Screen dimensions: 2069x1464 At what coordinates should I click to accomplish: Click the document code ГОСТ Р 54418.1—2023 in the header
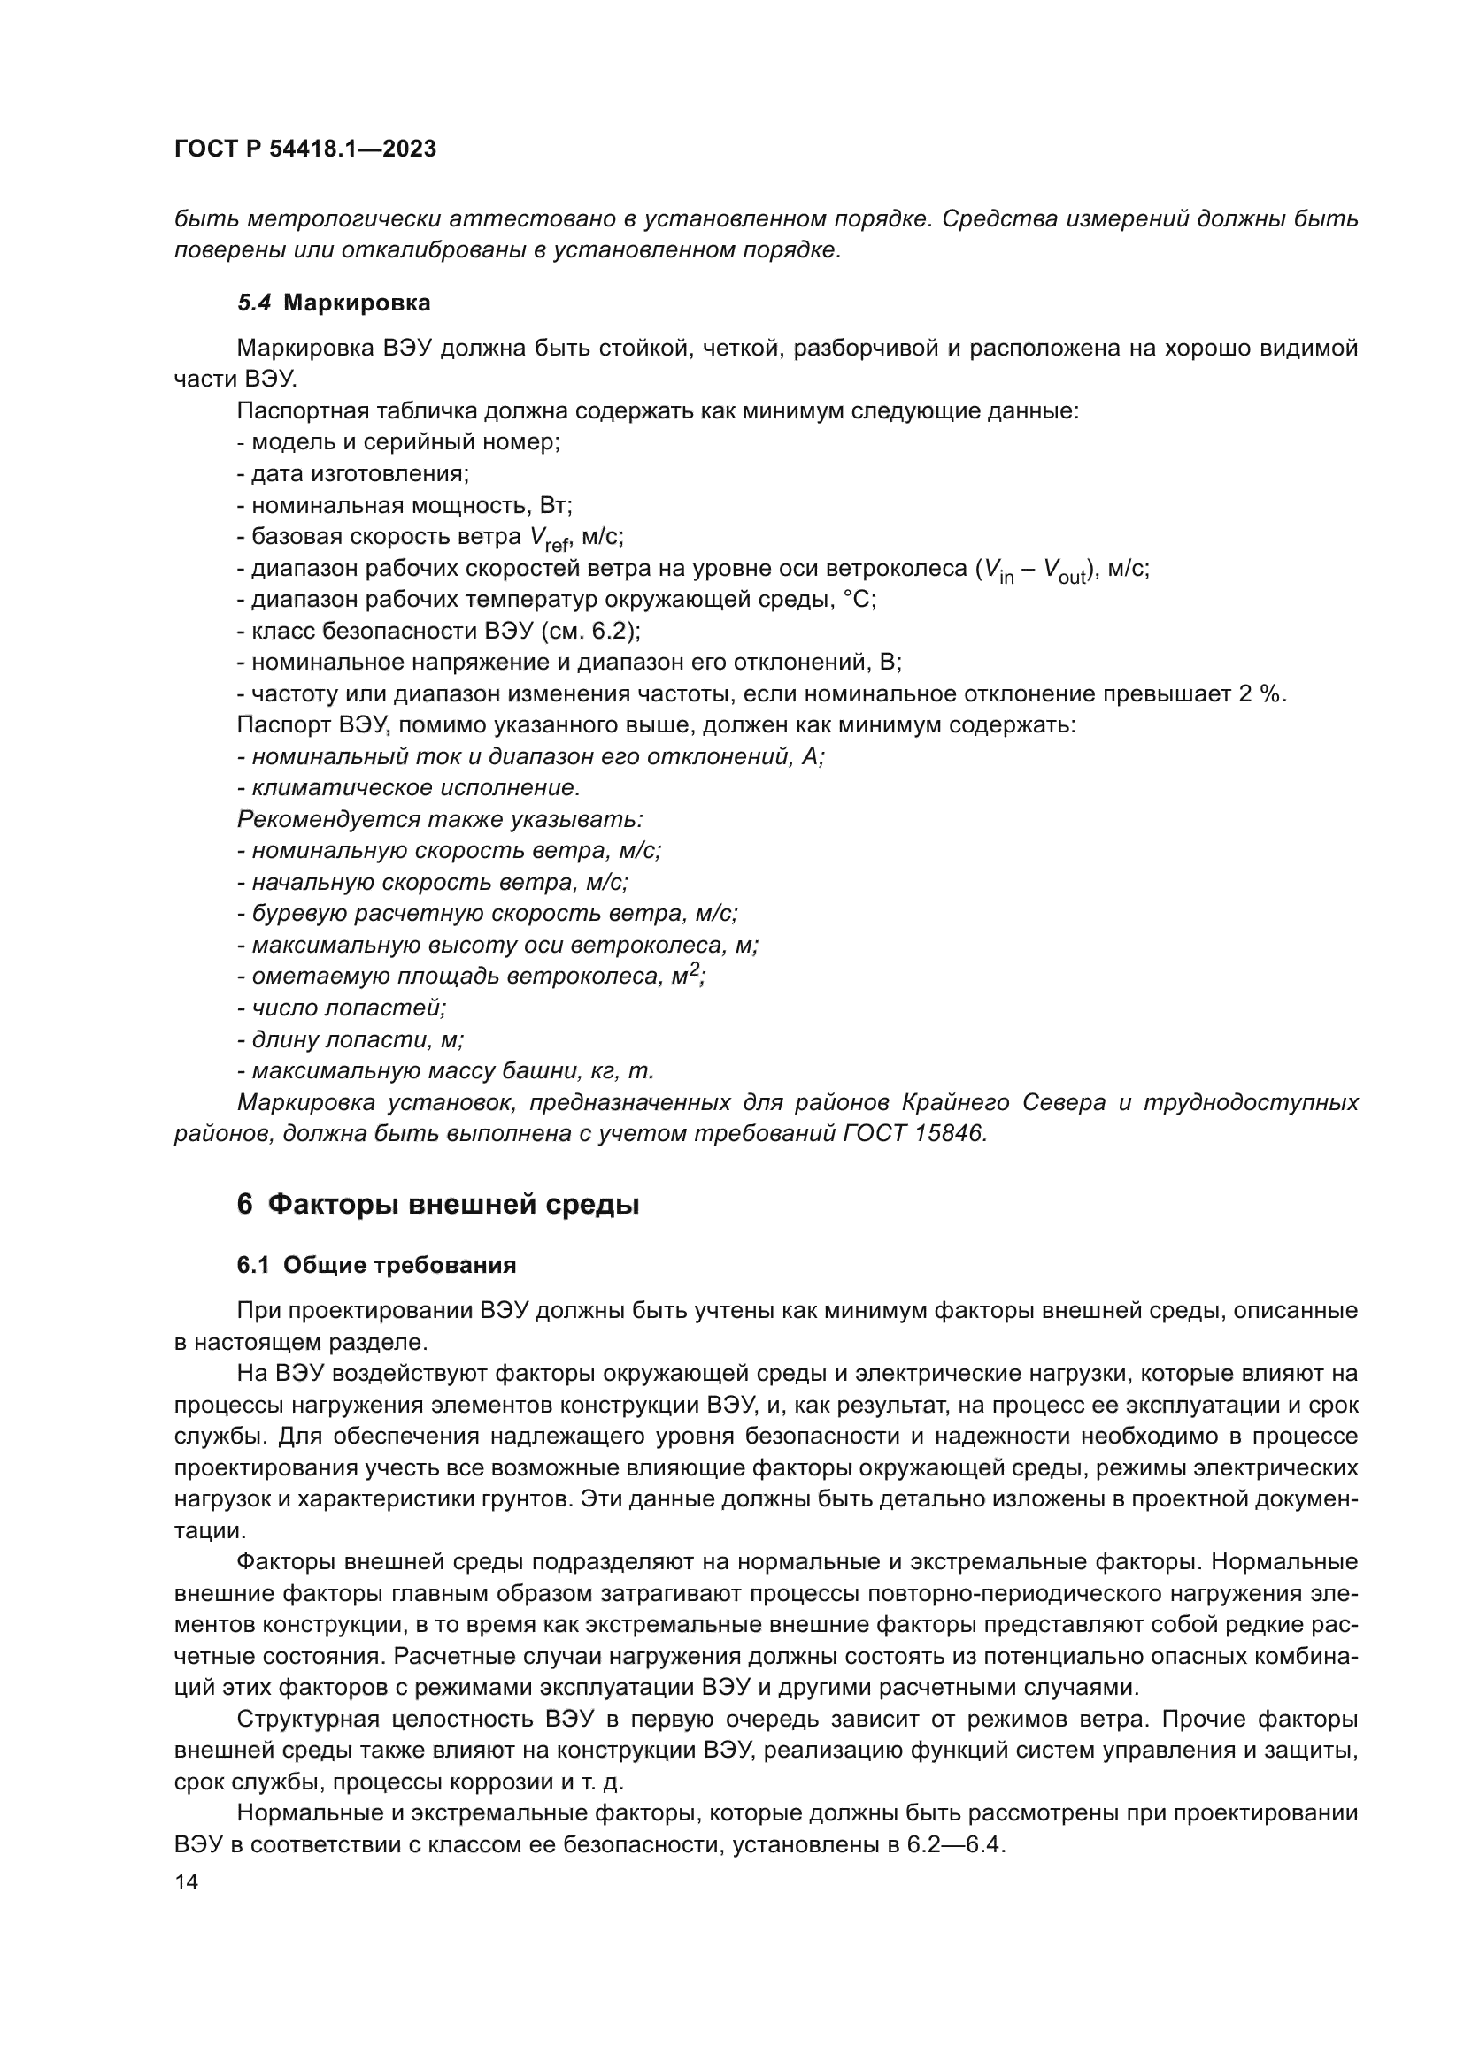(x=304, y=149)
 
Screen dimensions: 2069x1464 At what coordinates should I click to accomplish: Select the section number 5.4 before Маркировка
(x=254, y=303)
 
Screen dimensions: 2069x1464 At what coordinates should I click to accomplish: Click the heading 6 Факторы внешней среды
(x=438, y=1204)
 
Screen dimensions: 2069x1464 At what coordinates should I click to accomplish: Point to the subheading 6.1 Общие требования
(x=376, y=1265)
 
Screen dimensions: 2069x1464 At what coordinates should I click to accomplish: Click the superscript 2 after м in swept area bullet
(x=694, y=970)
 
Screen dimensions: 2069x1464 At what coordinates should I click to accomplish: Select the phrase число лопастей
(x=349, y=1008)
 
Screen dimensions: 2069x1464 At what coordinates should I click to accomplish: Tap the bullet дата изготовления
(x=358, y=474)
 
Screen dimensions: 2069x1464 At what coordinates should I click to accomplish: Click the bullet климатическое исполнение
(x=414, y=787)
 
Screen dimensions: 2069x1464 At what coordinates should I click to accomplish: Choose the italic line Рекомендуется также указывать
(x=439, y=819)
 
